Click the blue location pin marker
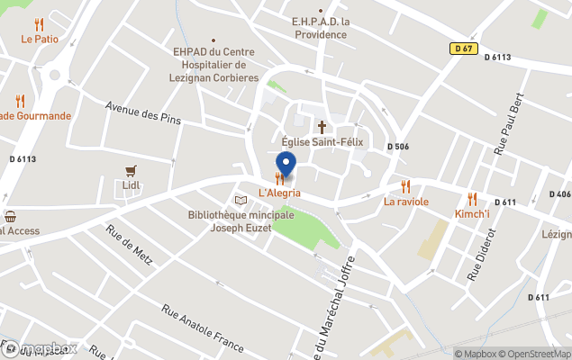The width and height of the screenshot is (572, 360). tap(285, 165)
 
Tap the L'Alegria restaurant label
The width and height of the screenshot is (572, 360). tap(279, 193)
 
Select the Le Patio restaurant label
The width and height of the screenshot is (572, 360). tap(40, 40)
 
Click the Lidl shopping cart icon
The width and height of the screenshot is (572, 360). tap(132, 170)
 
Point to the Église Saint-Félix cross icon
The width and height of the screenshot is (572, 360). tap(321, 127)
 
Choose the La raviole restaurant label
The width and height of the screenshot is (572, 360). tap(406, 202)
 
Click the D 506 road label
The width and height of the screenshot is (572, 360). tap(398, 147)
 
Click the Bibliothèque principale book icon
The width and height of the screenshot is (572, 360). tap(241, 200)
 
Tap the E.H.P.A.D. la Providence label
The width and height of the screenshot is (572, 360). tap(320, 28)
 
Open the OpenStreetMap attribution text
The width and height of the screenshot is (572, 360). tap(535, 354)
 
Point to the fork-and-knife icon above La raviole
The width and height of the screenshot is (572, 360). tap(405, 185)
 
